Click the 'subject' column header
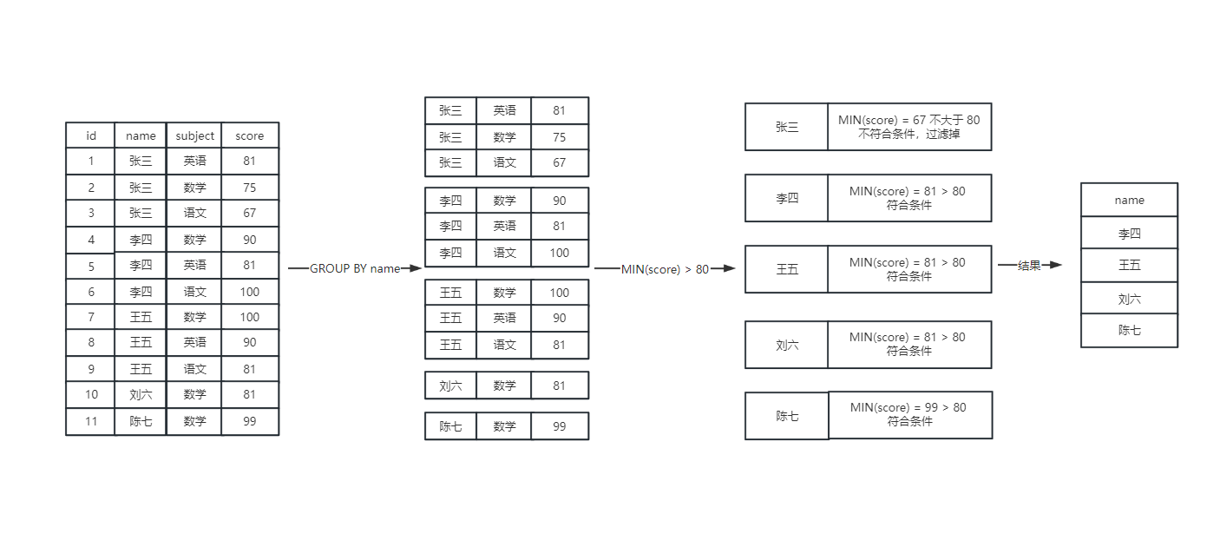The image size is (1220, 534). point(194,135)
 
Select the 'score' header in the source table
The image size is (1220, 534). point(250,135)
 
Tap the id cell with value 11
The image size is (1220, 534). point(91,421)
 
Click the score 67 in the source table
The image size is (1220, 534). point(250,213)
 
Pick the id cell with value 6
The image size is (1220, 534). point(91,292)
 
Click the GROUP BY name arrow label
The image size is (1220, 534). point(355,268)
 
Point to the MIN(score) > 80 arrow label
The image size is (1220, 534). point(665,269)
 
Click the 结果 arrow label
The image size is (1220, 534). point(1029,266)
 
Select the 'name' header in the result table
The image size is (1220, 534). point(1129,200)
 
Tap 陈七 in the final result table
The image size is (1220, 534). point(1129,330)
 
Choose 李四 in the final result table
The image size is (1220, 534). point(1129,233)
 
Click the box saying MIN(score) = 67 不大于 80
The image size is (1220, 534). point(908,127)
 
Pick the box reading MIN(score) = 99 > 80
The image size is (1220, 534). point(909,414)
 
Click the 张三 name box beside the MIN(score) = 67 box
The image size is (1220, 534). point(786,127)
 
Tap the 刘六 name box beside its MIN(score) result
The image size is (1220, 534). point(786,345)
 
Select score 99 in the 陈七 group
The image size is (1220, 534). point(559,426)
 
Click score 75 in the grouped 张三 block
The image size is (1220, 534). point(559,137)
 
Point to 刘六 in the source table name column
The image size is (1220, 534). point(141,395)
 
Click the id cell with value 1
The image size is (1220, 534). point(91,161)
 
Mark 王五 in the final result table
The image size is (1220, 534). point(1129,265)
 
